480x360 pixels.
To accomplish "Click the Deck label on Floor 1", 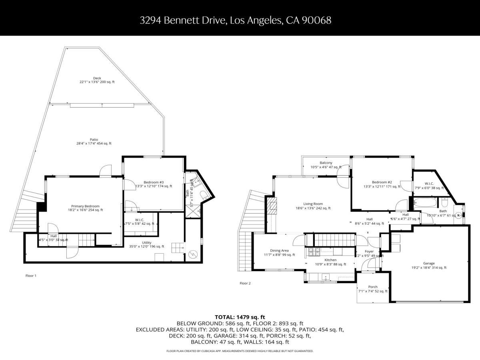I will (x=97, y=78).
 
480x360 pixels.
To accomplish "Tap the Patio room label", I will (x=94, y=140).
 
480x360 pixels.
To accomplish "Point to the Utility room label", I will (x=146, y=243).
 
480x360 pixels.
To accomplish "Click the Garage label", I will (x=429, y=264).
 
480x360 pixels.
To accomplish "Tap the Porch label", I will (x=372, y=287).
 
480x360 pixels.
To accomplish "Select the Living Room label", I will (x=313, y=204).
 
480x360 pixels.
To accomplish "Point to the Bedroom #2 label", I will (x=382, y=182).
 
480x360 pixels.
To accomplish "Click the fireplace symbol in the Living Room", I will (x=273, y=206).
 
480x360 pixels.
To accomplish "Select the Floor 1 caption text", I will (x=31, y=276).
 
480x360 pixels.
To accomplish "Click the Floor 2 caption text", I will (x=245, y=283).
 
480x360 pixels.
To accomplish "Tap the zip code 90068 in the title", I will (x=318, y=20).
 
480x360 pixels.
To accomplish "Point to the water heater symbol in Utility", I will (x=193, y=254).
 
